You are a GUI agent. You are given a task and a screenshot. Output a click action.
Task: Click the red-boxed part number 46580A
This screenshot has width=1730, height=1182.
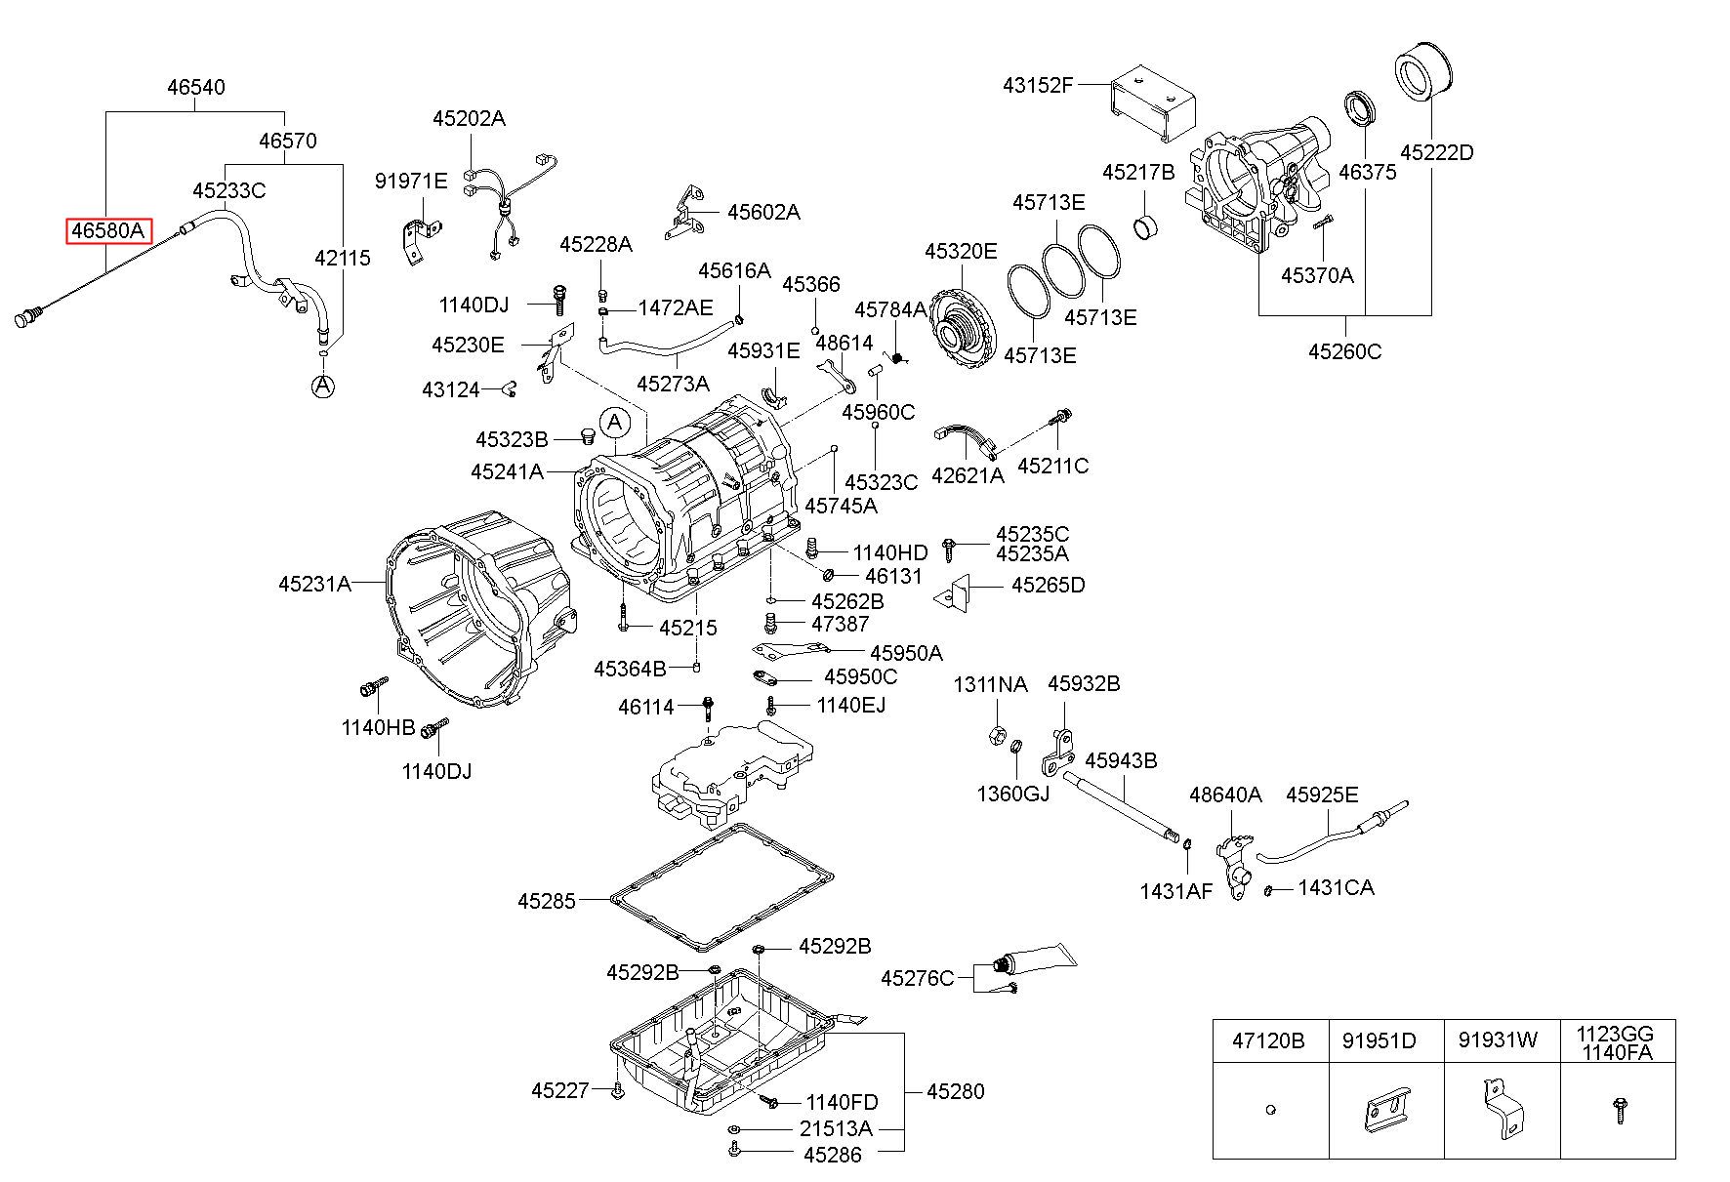pyautogui.click(x=108, y=231)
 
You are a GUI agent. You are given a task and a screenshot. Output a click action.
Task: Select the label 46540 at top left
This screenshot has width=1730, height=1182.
pyautogui.click(x=195, y=87)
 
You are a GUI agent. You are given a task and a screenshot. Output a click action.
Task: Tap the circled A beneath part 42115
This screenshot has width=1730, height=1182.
pyautogui.click(x=323, y=387)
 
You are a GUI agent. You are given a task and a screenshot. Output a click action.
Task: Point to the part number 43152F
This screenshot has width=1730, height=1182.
pyautogui.click(x=1038, y=85)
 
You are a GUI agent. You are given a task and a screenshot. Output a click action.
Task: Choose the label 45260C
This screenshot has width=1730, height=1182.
pyautogui.click(x=1344, y=351)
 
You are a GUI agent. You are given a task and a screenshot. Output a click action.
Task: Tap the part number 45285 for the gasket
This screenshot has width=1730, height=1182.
pyautogui.click(x=547, y=900)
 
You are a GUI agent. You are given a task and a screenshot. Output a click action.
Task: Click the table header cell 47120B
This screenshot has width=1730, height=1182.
pyautogui.click(x=1268, y=1040)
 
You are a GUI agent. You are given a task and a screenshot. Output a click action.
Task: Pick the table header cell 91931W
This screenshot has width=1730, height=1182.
pyautogui.click(x=1498, y=1040)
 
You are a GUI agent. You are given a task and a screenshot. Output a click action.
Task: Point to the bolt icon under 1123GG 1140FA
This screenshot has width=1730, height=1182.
pyautogui.click(x=1618, y=1110)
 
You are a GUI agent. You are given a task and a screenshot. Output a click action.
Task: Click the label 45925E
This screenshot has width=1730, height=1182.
pyautogui.click(x=1322, y=795)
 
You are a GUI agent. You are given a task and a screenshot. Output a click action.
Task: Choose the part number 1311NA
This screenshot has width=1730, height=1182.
pyautogui.click(x=990, y=685)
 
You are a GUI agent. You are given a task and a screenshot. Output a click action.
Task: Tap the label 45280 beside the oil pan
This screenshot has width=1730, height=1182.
pyautogui.click(x=955, y=1092)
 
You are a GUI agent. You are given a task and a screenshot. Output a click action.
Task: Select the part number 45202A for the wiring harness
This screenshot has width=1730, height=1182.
pyautogui.click(x=470, y=119)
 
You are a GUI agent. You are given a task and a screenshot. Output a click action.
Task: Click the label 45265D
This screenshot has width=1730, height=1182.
pyautogui.click(x=1048, y=586)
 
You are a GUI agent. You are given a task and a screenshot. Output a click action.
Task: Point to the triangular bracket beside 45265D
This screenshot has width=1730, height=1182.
pyautogui.click(x=954, y=593)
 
